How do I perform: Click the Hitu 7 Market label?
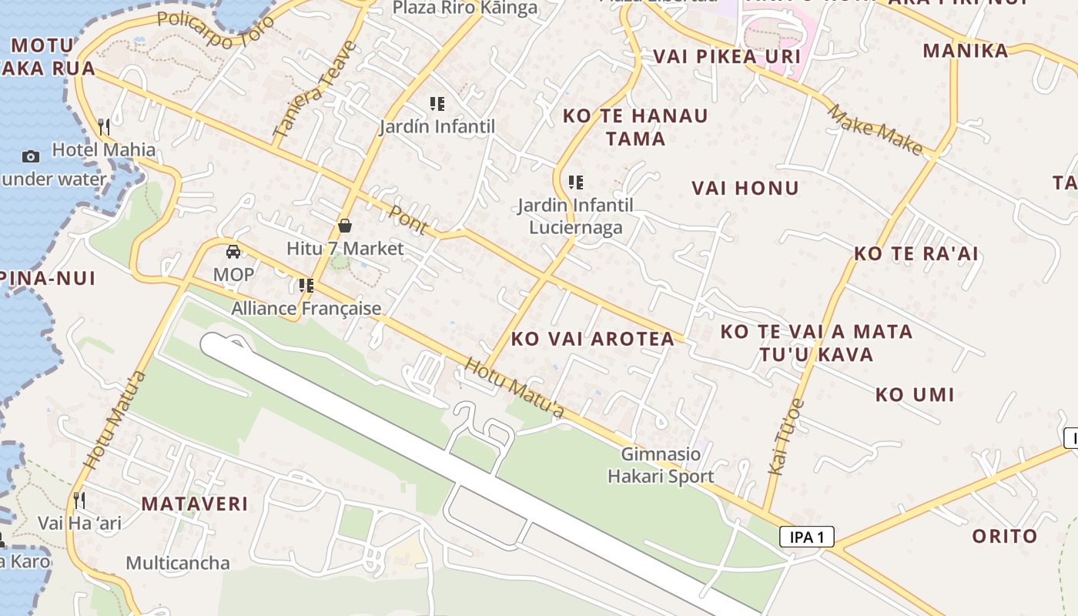coord(345,249)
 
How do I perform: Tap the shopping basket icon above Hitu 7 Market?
coord(345,226)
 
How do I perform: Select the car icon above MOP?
coord(233,251)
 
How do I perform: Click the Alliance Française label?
coord(306,309)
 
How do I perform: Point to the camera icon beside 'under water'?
coord(31,156)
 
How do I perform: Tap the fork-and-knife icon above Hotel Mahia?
coord(104,126)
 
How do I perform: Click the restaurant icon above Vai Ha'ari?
coord(79,500)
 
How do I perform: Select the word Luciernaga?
coord(575,227)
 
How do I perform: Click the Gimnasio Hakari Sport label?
coord(661,465)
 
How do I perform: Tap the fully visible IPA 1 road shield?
coord(806,537)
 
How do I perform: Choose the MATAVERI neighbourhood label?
coord(195,504)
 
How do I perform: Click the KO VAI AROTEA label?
coord(593,339)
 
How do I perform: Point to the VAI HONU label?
coord(745,188)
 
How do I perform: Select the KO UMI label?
coord(914,395)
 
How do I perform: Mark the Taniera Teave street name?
coord(315,90)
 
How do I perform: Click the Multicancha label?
coord(178,563)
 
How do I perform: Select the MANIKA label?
coord(965,51)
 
